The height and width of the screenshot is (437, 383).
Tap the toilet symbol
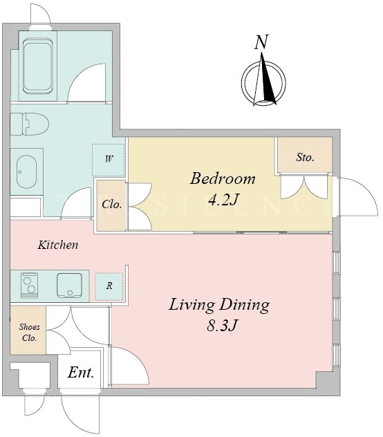pos(29,124)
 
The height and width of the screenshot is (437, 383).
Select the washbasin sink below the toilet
pos(26,171)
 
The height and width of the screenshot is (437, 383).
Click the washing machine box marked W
pos(109,160)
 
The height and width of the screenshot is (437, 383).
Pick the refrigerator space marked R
pos(109,286)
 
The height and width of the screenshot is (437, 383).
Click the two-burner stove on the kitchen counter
pos(29,286)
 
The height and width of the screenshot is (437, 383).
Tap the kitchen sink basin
pos(69,286)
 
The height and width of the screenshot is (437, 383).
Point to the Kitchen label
pos(58,245)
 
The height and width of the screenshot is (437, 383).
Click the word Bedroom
pos(223,178)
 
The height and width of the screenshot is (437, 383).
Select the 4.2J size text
pos(224,200)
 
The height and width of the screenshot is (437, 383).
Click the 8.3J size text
pos(222,325)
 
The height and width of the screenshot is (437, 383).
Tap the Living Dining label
pos(219,305)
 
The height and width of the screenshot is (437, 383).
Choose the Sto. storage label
pos(305,158)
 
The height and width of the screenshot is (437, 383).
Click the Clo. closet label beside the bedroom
pos(112,205)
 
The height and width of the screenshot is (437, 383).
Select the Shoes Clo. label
pos(29,333)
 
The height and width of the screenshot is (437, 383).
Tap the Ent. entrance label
pos(81,373)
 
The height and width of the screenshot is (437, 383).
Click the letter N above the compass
pos(261,42)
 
